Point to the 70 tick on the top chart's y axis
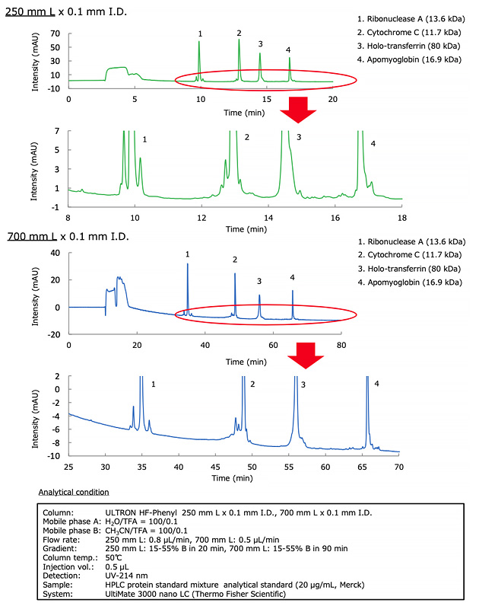pos(55,34)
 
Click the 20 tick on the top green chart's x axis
pos(333,98)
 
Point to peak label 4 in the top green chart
pos(288,50)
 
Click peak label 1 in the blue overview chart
pos(188,254)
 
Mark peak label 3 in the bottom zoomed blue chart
pos(303,385)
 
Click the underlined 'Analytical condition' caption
pos(74,493)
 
